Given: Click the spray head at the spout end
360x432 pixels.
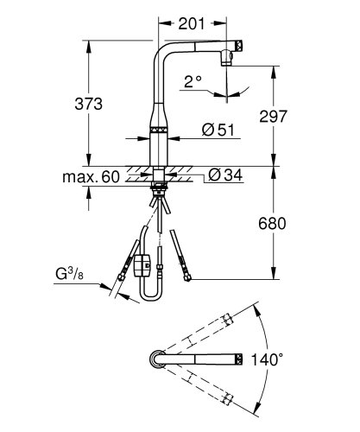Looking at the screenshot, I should point(228,59).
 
